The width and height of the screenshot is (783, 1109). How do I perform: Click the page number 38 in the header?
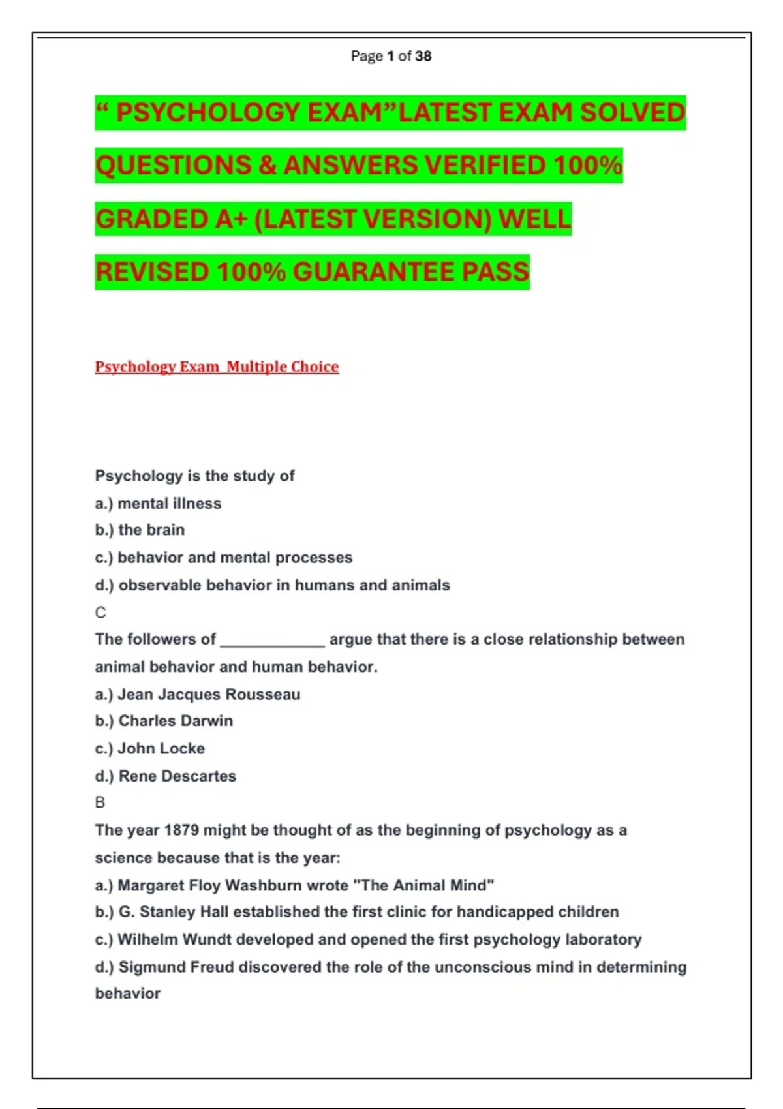click(x=423, y=56)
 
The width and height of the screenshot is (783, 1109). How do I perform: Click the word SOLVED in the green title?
click(x=632, y=113)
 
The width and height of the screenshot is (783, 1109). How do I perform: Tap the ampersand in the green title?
click(x=268, y=166)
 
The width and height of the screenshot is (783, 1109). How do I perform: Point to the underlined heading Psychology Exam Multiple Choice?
click(x=217, y=367)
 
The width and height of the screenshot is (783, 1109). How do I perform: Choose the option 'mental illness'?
click(x=169, y=504)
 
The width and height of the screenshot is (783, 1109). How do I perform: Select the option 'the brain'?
click(x=151, y=530)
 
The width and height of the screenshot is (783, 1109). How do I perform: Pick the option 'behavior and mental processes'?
click(x=235, y=558)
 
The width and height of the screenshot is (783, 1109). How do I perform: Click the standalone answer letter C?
click(x=100, y=613)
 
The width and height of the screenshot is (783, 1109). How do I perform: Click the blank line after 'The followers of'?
click(x=272, y=640)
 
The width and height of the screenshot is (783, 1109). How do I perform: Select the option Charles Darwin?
click(x=176, y=721)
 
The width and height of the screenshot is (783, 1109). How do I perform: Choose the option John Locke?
click(x=161, y=748)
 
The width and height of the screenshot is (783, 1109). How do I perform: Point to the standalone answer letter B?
click(x=100, y=802)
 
